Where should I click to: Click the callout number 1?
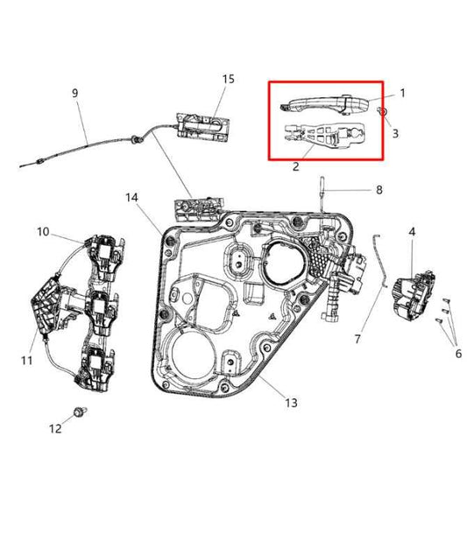[403, 92]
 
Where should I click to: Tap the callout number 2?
[295, 165]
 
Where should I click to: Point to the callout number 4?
[412, 231]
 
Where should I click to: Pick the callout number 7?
[357, 338]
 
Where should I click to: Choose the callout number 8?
[379, 189]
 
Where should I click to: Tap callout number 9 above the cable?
[75, 93]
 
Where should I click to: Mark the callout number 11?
[27, 360]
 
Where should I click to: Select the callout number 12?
[55, 429]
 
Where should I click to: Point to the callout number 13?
[291, 403]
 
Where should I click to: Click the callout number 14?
[131, 198]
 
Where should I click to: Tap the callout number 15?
[228, 79]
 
